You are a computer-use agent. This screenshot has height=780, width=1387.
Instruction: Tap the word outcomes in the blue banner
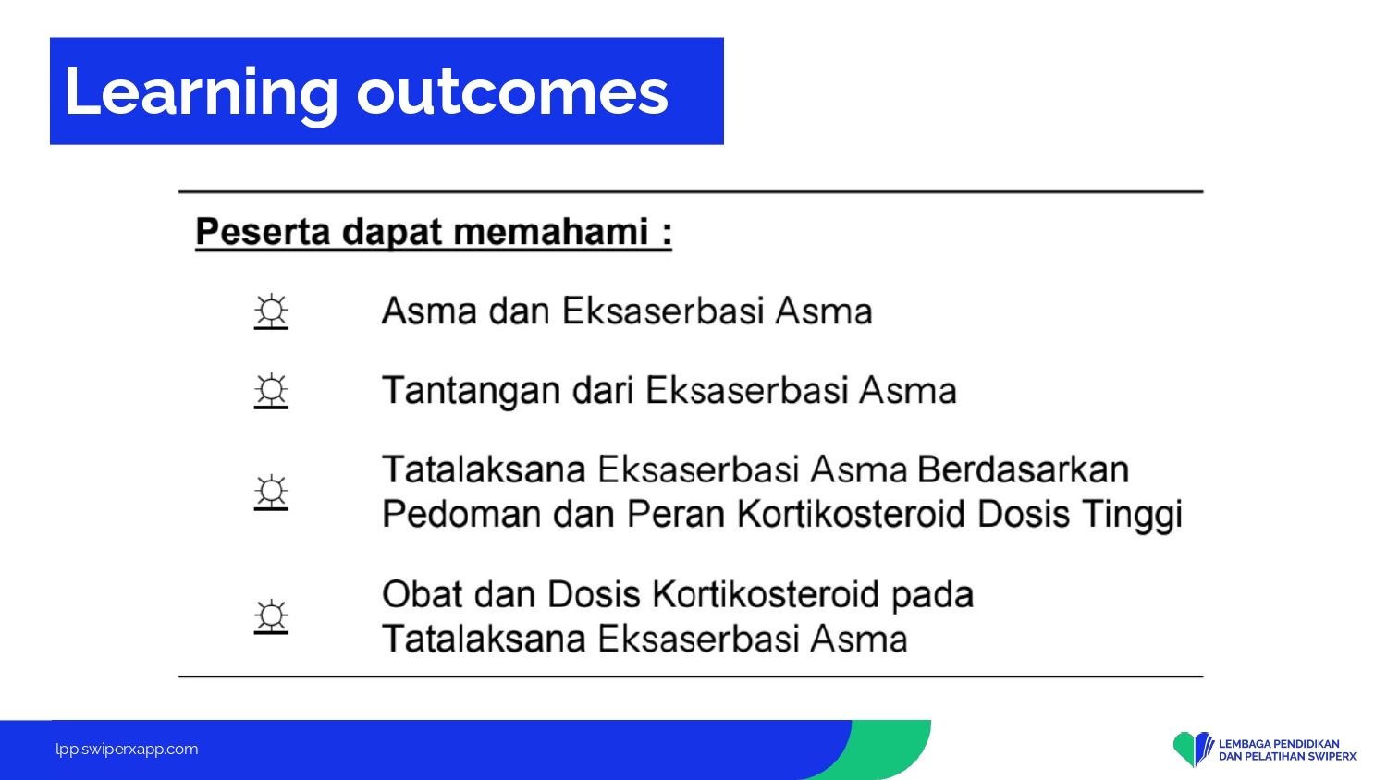click(x=512, y=92)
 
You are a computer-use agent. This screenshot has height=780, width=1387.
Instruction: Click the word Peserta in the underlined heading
click(x=263, y=233)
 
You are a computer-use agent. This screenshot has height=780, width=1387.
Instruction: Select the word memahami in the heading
click(x=550, y=232)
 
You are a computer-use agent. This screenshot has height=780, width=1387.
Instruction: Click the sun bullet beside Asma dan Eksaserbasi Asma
click(x=271, y=311)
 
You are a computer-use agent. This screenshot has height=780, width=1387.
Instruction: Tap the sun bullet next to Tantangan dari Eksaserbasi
click(x=271, y=391)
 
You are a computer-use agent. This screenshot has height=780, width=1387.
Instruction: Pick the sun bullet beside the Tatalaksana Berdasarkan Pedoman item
click(x=271, y=493)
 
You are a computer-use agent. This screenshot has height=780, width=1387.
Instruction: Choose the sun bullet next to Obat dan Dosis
click(x=271, y=617)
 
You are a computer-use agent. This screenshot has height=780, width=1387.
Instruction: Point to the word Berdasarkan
click(x=1023, y=469)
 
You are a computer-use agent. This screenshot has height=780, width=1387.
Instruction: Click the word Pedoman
click(x=462, y=514)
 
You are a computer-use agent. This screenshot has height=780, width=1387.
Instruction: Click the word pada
click(x=932, y=595)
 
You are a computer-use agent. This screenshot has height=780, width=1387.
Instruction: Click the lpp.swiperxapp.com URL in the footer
click(x=127, y=750)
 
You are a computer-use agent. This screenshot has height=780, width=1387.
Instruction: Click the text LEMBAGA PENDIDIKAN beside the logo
click(x=1279, y=743)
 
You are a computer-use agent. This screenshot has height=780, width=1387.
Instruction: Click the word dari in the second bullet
click(x=603, y=390)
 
